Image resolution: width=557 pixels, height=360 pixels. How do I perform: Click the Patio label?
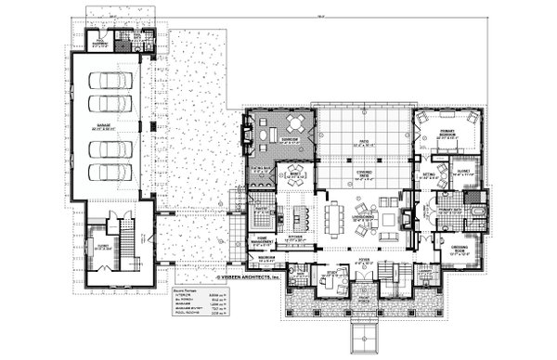coord(353,143)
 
